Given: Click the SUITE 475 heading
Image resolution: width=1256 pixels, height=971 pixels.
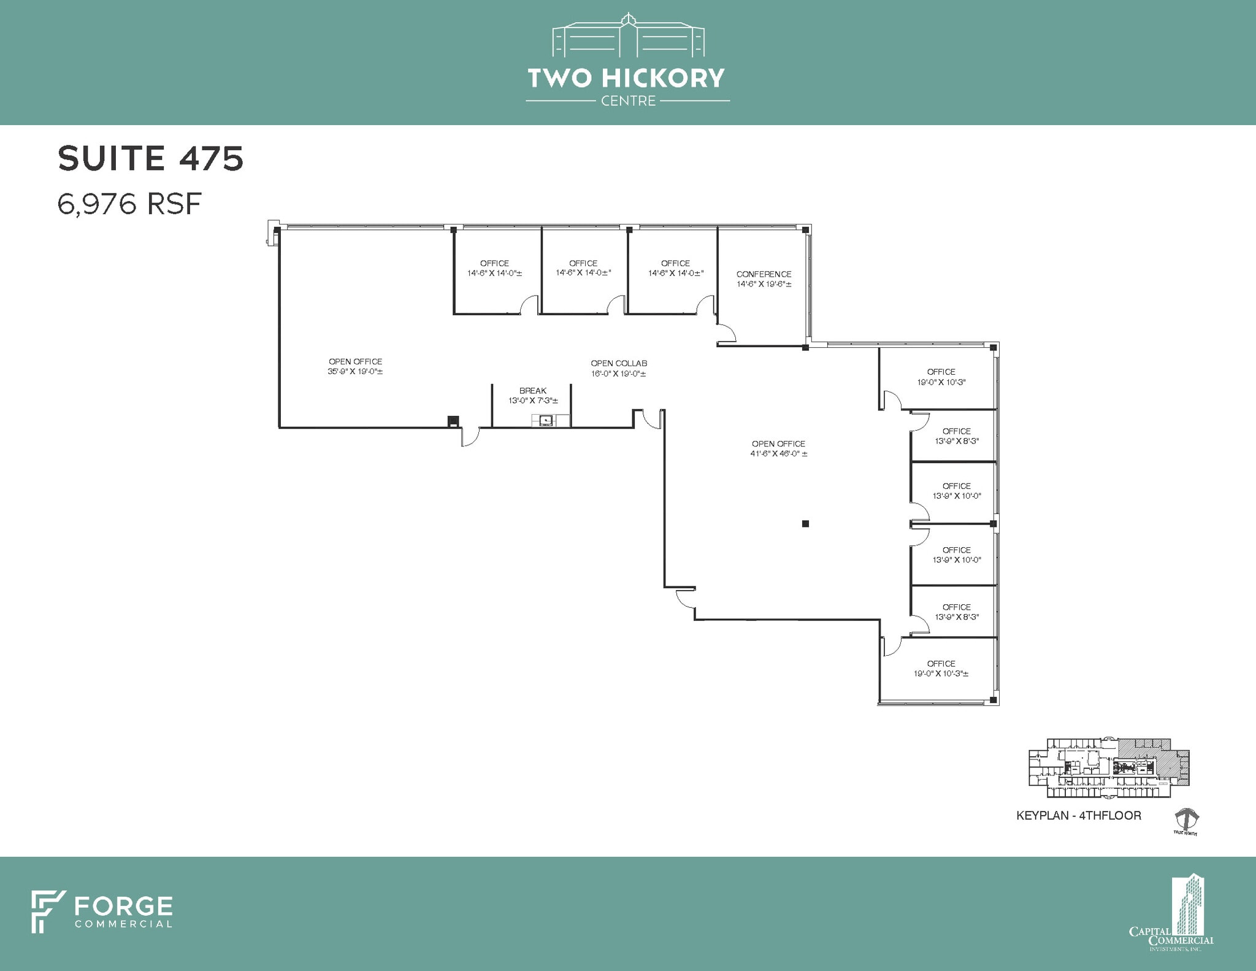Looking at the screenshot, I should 151,158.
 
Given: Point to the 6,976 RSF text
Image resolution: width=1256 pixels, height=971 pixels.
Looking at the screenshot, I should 129,204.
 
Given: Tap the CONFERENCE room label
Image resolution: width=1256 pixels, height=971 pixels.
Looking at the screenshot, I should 764,274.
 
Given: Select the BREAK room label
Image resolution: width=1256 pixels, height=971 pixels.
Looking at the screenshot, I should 532,391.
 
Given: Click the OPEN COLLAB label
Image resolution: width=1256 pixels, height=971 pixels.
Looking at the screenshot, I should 619,363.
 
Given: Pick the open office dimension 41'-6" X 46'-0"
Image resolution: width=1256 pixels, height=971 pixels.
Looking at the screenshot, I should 778,454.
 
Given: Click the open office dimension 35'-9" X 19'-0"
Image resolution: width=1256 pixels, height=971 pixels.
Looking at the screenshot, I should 355,372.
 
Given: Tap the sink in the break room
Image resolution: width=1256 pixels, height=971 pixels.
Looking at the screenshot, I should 545,420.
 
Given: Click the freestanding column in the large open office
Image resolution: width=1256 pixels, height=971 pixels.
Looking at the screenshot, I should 805,523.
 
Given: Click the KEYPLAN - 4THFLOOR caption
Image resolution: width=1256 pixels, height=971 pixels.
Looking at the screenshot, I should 1079,815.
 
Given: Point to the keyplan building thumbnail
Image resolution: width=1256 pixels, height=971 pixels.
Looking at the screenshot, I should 1108,768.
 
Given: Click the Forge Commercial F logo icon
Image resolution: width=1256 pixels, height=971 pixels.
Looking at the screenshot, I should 48,912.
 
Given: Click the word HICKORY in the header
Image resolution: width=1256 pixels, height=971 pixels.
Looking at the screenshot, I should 663,78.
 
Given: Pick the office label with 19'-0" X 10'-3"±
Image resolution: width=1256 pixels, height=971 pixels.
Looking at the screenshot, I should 941,669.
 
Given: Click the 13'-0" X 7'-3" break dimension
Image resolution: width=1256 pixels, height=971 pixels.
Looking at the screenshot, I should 533,401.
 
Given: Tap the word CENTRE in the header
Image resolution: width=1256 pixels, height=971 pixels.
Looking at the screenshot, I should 628,101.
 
